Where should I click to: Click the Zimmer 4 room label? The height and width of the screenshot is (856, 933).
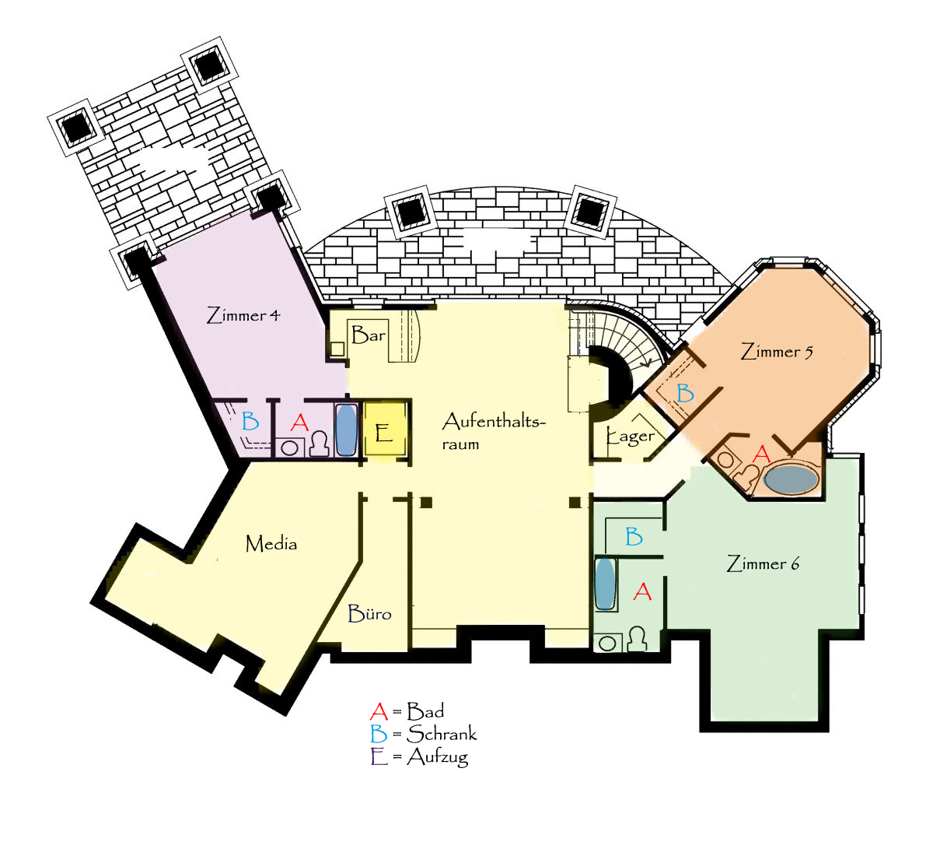[x=243, y=315]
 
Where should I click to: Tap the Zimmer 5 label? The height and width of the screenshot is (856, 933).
[x=777, y=351]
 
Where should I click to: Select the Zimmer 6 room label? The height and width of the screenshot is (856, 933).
[x=763, y=563]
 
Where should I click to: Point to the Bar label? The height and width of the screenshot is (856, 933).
[x=369, y=335]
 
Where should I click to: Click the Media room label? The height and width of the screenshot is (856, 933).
[x=271, y=543]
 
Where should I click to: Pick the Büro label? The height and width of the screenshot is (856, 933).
[x=370, y=613]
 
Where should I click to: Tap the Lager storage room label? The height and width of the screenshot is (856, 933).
[x=631, y=437]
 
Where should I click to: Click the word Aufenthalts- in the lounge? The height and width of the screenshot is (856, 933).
[x=494, y=422]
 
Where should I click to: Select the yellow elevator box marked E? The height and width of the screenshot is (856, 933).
[x=384, y=429]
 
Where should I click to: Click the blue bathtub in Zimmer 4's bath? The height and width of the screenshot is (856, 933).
[x=346, y=430]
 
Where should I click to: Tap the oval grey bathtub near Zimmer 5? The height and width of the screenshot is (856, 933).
[x=791, y=479]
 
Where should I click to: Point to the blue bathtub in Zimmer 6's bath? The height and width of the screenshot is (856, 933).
[x=605, y=583]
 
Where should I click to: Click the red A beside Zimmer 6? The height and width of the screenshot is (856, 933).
[x=642, y=592]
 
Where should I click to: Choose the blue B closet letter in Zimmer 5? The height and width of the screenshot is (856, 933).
[x=685, y=393]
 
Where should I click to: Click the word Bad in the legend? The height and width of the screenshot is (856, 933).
[x=425, y=711]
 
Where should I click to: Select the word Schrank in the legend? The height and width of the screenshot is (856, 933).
[x=442, y=734]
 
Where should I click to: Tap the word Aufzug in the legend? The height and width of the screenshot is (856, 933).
[x=437, y=757]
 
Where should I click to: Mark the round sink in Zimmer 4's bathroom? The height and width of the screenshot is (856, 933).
[x=290, y=448]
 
